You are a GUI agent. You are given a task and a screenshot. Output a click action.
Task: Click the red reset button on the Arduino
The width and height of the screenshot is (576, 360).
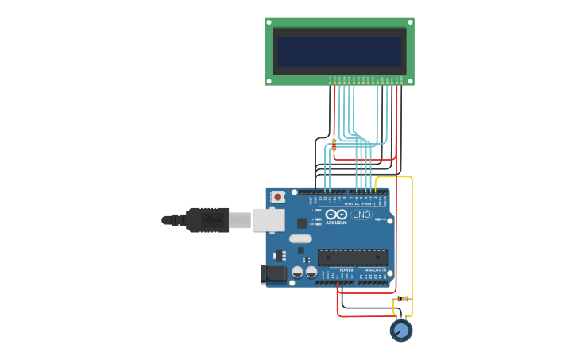(x=277, y=196)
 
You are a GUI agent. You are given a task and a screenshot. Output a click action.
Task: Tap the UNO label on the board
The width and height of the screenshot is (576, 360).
(x=361, y=215)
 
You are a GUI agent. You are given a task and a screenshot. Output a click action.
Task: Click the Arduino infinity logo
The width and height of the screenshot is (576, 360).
(x=336, y=214)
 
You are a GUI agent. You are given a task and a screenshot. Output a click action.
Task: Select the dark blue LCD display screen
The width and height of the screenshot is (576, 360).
(x=339, y=51)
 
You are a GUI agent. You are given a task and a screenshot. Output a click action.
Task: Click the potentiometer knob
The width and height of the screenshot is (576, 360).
(x=401, y=330)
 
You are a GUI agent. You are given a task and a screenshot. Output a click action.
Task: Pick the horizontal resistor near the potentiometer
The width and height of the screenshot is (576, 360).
(x=403, y=299)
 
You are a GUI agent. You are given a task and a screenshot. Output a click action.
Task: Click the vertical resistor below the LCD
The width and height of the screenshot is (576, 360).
(x=334, y=144)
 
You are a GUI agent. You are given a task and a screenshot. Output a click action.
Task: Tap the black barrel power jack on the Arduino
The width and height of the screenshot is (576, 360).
(x=274, y=274)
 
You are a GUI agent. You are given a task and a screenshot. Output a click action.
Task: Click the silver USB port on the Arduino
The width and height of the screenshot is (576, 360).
(x=269, y=220)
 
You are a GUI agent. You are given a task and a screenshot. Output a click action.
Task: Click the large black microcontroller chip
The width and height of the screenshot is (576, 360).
(x=353, y=257)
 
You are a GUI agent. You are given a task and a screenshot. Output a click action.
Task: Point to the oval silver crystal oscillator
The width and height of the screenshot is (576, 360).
(x=300, y=238)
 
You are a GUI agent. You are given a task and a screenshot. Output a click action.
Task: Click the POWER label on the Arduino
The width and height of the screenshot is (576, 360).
(x=346, y=270)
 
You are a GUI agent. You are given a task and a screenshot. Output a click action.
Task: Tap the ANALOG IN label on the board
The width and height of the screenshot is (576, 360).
(x=375, y=270)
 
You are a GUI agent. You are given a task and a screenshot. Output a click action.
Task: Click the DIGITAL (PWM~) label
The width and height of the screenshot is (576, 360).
(x=360, y=203)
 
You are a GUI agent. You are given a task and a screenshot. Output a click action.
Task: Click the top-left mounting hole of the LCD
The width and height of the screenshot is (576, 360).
(x=269, y=22)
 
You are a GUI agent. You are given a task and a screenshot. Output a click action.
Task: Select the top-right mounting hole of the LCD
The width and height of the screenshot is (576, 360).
(x=409, y=22)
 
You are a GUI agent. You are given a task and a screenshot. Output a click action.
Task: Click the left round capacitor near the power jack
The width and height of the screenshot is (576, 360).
(x=297, y=272)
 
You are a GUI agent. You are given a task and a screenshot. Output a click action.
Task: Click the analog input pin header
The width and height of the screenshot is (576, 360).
(x=373, y=282)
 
